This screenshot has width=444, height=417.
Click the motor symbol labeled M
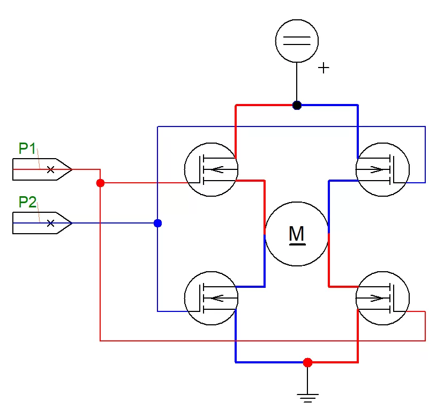(297, 234)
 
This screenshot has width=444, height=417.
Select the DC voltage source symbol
(297, 41)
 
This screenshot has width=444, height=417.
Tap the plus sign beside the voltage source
(323, 68)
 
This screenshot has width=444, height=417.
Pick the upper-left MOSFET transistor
(211, 169)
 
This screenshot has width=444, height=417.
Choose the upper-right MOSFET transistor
(382, 169)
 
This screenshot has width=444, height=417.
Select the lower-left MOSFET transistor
(211, 298)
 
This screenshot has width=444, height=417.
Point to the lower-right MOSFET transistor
(382, 298)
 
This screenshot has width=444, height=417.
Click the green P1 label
(27, 148)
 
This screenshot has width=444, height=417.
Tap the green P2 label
(27, 202)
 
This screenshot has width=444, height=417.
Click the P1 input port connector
(42, 169)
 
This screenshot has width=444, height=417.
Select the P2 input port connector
(42, 223)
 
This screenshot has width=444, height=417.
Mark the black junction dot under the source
(297, 105)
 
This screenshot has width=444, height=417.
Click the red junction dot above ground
(307, 362)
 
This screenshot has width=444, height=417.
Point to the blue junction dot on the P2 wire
(157, 223)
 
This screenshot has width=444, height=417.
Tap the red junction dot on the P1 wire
(100, 183)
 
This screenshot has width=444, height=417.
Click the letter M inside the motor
(297, 234)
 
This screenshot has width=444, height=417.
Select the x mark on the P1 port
(50, 169)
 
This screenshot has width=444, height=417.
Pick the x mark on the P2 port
(50, 223)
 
